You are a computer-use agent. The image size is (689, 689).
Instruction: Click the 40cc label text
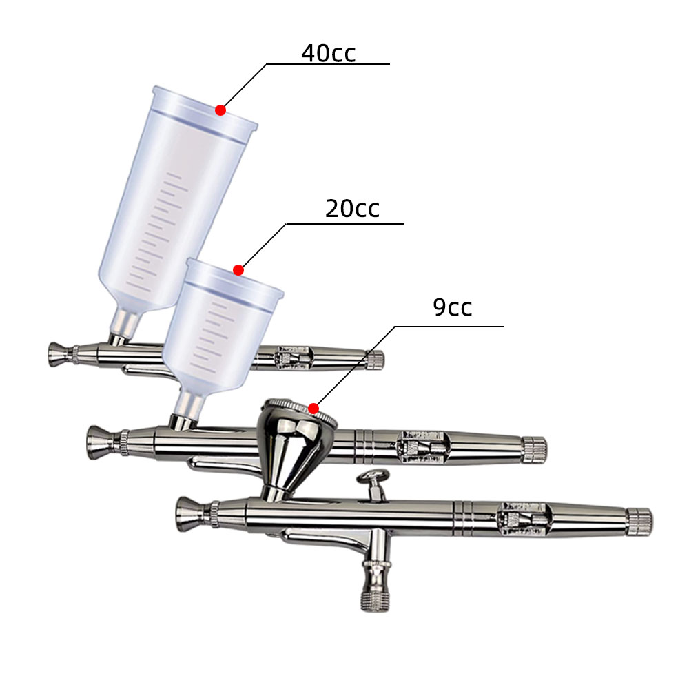click(328, 53)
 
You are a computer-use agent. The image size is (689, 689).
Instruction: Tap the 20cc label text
click(352, 209)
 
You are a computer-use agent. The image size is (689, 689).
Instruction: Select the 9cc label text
click(452, 307)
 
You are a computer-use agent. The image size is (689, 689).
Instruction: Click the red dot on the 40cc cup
click(220, 110)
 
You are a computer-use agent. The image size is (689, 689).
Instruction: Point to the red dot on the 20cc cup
click(238, 270)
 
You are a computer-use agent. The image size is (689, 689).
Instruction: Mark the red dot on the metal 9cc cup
click(313, 409)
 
